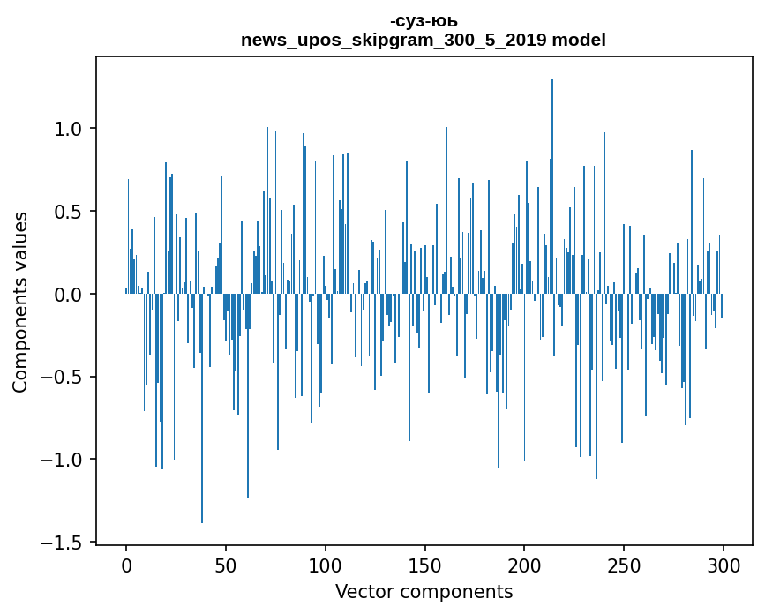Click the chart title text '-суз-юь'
click(x=424, y=21)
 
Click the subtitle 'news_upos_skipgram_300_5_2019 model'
click(x=424, y=40)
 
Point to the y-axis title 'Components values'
click(x=20, y=302)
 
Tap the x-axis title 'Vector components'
click(x=424, y=592)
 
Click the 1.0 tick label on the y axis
click(x=69, y=129)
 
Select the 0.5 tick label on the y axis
click(x=69, y=212)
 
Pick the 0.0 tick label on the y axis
click(x=69, y=295)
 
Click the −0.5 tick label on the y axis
click(x=64, y=378)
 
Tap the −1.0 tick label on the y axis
click(x=64, y=460)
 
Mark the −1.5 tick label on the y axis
click(x=64, y=543)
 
